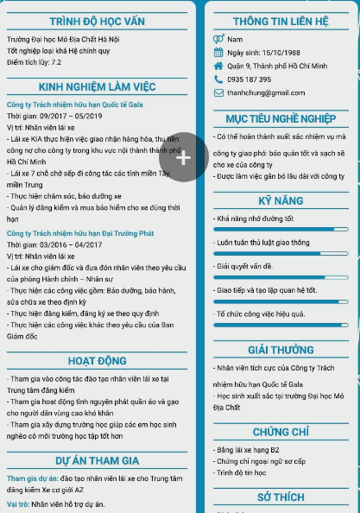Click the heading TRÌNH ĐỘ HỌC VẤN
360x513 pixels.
coord(97,21)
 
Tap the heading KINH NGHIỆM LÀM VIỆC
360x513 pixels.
coord(97,87)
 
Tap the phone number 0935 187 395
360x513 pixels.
coord(249,79)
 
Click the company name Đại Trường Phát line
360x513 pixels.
coord(79,233)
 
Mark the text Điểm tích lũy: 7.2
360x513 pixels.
coord(34,63)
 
